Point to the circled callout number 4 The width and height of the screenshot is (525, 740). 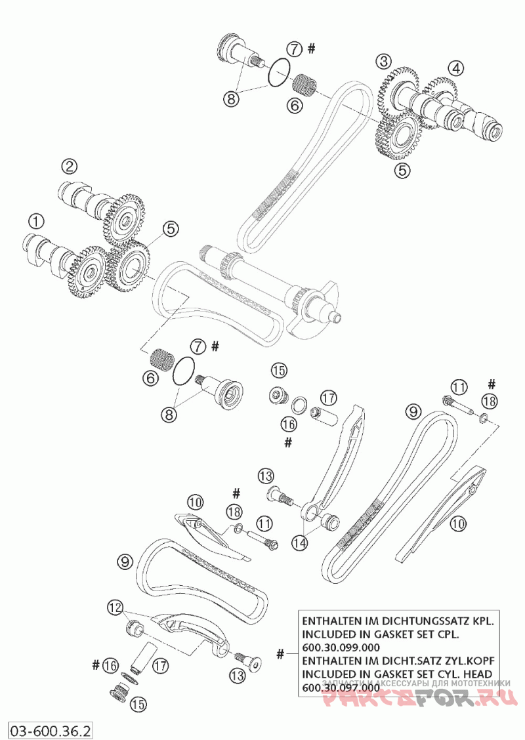pos(456,68)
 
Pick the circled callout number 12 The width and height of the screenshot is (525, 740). pos(115,609)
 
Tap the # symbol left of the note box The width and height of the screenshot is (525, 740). pos(281,653)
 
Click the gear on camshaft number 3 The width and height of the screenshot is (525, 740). pos(396,90)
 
